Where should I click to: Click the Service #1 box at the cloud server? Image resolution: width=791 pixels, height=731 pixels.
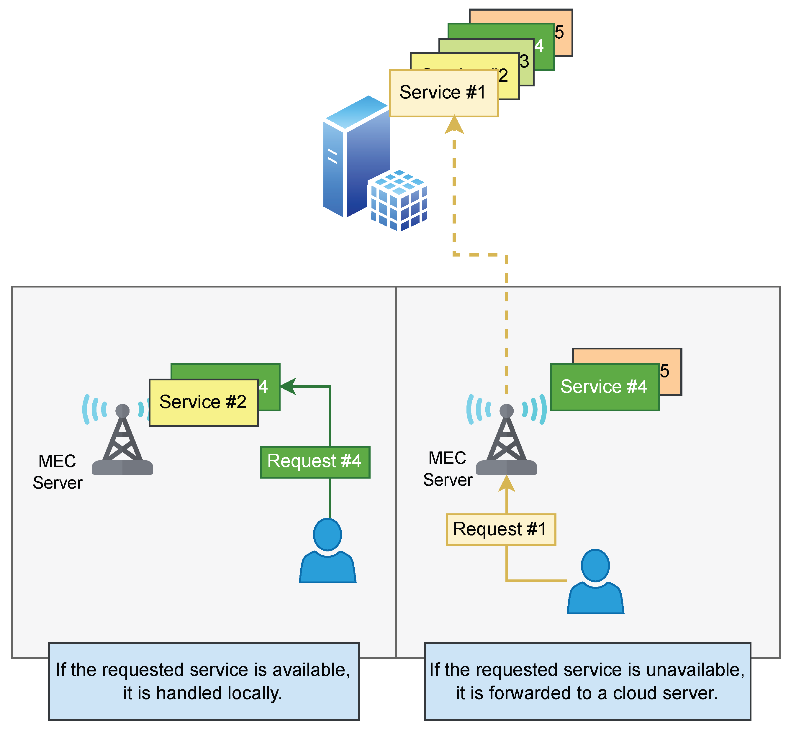(443, 93)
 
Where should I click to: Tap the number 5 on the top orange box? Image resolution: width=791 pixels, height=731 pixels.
(559, 32)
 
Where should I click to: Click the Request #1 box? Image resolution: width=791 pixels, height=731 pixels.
(501, 530)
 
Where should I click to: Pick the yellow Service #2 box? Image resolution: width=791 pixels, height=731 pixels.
(203, 402)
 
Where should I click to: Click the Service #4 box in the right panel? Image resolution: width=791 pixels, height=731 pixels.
(604, 387)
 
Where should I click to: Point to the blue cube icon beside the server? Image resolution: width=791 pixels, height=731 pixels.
(399, 201)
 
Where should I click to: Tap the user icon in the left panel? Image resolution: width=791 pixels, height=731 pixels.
(327, 551)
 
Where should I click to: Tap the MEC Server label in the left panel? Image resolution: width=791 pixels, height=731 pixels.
(57, 472)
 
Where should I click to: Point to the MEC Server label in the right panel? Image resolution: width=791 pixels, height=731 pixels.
(448, 469)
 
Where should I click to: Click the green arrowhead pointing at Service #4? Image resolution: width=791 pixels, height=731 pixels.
(288, 387)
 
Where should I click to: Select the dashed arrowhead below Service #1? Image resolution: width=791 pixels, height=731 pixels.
(454, 125)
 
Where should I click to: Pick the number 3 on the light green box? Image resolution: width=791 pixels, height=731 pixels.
(524, 62)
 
